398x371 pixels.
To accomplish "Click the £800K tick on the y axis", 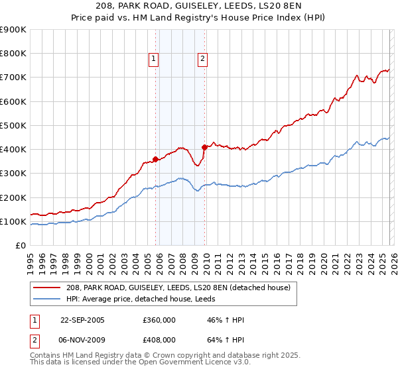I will pyautogui.click(x=13, y=54).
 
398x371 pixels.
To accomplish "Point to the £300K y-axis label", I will pyautogui.click(x=13, y=174).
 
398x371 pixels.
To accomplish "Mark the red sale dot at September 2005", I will pyautogui.click(x=155, y=159).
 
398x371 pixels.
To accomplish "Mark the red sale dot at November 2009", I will pyautogui.click(x=204, y=148).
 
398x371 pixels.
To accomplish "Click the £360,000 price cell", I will pyautogui.click(x=159, y=320).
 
